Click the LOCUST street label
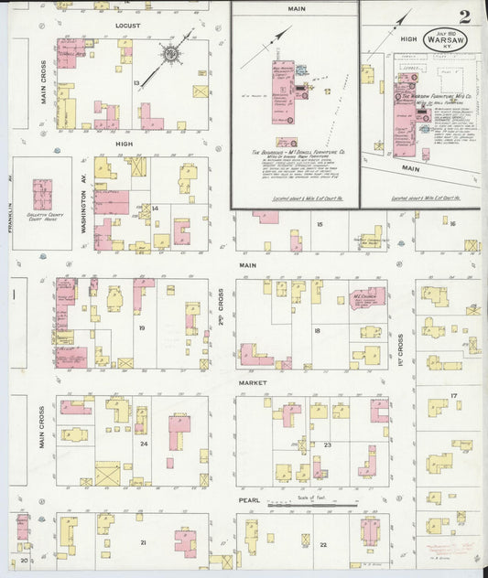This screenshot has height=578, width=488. tap(127, 26)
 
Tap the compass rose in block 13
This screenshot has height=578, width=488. tap(170, 56)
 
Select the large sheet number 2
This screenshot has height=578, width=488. tap(465, 16)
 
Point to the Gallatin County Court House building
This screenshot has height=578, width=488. tap(43, 198)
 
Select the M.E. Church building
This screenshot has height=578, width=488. tap(364, 298)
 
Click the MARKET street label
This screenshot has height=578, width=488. tap(252, 381)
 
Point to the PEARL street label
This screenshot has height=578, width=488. tap(250, 500)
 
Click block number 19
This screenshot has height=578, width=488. tap(142, 326)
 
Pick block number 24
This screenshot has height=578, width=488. tap(144, 444)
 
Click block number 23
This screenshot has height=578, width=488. tap(327, 444)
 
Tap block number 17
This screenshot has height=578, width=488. tap(453, 396)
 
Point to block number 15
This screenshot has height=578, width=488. tap(320, 224)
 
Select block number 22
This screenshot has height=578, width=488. tap(322, 544)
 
